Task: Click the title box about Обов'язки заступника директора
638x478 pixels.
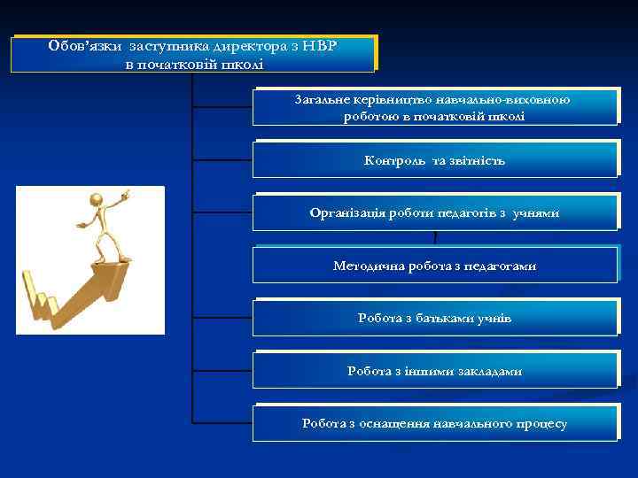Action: [x=194, y=54]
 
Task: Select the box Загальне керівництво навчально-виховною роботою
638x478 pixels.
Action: [x=434, y=108]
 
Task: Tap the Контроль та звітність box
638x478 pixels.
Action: [x=434, y=160]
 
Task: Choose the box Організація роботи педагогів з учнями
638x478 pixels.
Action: [x=434, y=213]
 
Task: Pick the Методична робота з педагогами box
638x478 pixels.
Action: [x=434, y=266]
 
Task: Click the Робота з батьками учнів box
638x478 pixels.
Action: [x=434, y=318]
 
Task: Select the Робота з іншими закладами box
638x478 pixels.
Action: [x=434, y=371]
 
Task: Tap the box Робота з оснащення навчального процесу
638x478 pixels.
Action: [x=434, y=423]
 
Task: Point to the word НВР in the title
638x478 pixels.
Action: [x=320, y=44]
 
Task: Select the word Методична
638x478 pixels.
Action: [x=368, y=266]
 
